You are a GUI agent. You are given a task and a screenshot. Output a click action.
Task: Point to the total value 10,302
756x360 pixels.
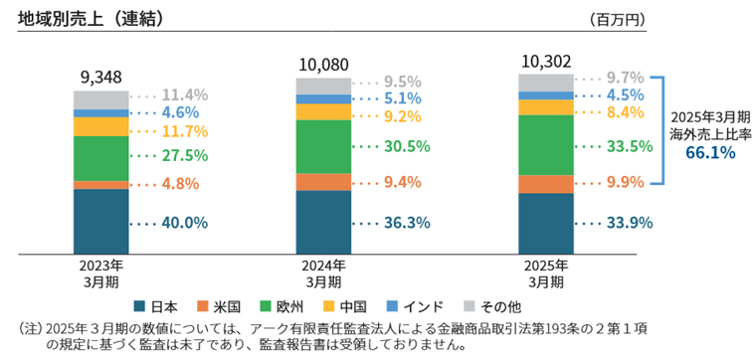545,61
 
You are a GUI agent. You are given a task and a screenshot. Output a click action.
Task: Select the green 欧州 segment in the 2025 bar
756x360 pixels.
545,145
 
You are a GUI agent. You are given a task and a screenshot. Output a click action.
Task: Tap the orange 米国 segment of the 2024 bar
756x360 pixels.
323,182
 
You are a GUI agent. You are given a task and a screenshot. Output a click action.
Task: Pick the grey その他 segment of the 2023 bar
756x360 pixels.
100,99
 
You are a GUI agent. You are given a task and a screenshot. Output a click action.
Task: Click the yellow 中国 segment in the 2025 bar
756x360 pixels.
545,107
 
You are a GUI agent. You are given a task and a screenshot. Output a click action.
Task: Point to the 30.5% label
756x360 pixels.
406,146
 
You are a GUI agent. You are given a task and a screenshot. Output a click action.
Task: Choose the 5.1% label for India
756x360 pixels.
402,98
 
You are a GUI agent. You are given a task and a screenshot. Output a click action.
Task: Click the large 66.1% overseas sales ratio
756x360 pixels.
709,152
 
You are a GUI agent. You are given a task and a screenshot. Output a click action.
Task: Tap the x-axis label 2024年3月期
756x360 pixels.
323,273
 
